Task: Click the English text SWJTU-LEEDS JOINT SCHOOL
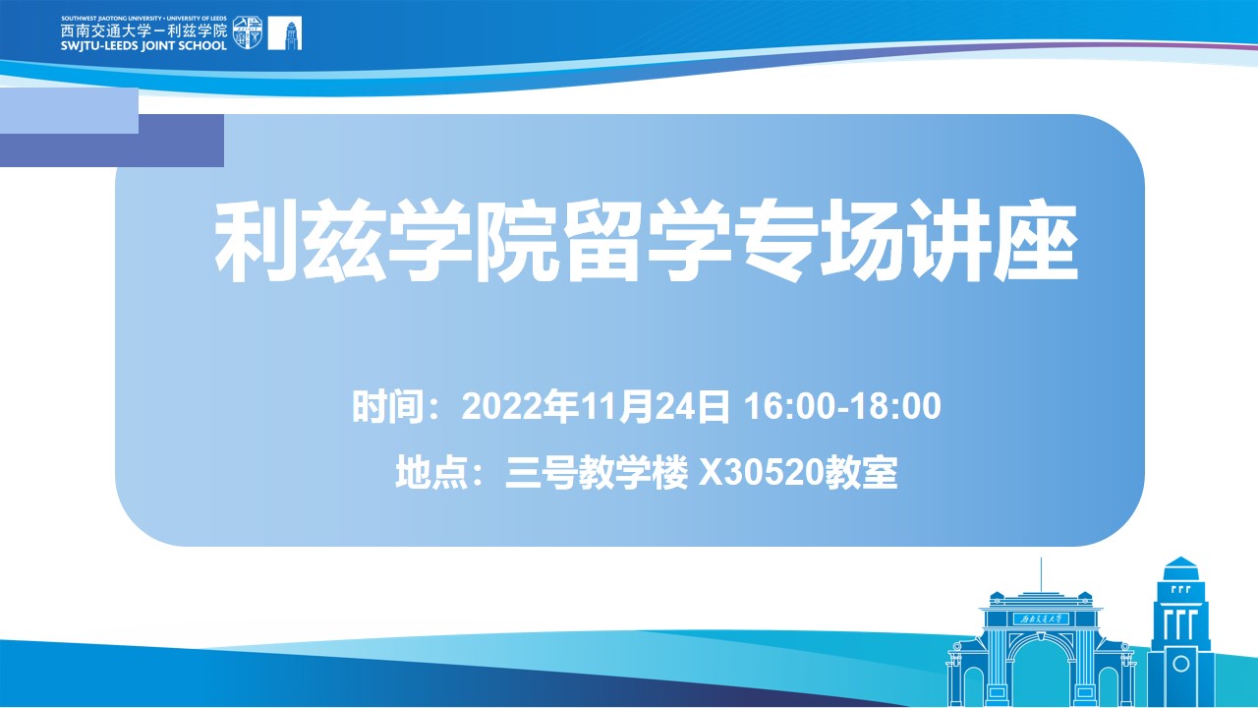(x=143, y=45)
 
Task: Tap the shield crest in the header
(x=248, y=32)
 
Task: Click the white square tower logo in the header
(x=285, y=33)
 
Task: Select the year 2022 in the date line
(x=502, y=406)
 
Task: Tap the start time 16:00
(x=794, y=406)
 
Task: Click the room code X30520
(x=761, y=472)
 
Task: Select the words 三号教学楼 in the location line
(x=597, y=472)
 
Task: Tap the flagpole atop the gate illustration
(x=1041, y=575)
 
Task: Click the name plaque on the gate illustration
(x=1041, y=619)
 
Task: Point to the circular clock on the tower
(x=1181, y=664)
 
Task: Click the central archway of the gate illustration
(x=1041, y=675)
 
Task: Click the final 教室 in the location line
(x=860, y=472)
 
